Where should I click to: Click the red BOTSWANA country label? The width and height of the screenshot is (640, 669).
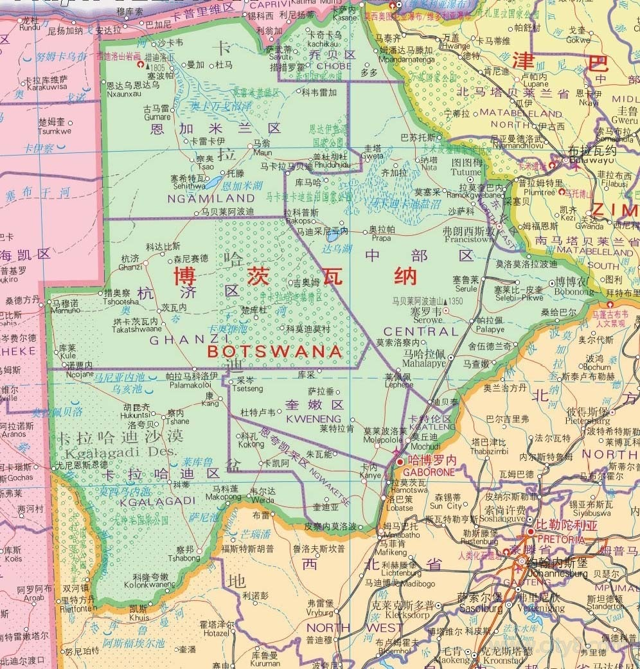[x=274, y=352]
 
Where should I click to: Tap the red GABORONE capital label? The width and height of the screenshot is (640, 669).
[x=431, y=471]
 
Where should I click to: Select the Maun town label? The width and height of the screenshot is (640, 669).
[x=261, y=153]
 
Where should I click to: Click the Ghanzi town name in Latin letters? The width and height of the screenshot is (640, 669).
[x=130, y=267]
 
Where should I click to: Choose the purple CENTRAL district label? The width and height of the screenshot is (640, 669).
[x=422, y=332]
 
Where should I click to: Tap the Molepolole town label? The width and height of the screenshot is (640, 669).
[x=385, y=439]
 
